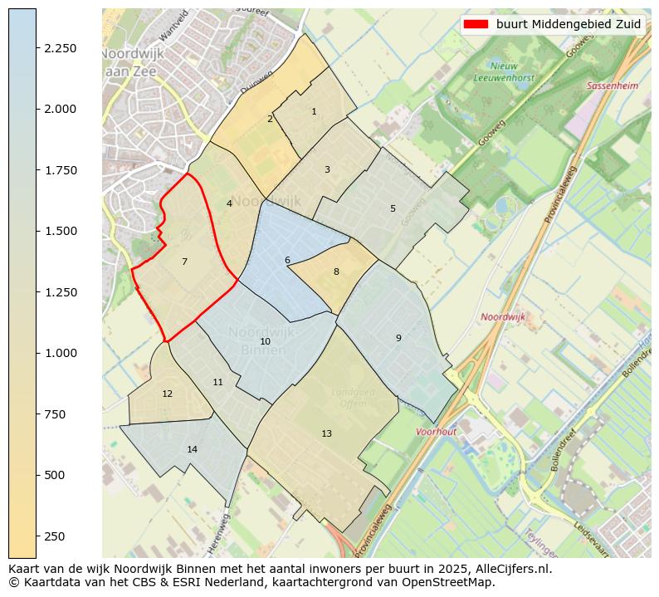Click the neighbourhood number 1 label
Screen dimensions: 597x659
(x=314, y=111)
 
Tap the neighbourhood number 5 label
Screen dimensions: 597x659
(x=393, y=208)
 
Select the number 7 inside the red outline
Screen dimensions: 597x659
(x=184, y=262)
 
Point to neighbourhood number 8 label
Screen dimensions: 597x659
(x=336, y=272)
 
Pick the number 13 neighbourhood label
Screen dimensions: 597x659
(x=326, y=433)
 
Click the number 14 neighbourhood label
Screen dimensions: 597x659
(x=192, y=449)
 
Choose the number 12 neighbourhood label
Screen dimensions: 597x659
(x=167, y=394)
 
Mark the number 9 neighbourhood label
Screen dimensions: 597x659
(x=398, y=338)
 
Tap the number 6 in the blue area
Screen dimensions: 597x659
(x=287, y=260)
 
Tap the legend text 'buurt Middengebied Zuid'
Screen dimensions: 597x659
(x=569, y=24)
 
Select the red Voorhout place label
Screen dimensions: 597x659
(x=436, y=432)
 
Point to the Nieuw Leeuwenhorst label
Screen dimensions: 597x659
(x=504, y=71)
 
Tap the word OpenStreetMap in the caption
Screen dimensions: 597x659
(x=452, y=582)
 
